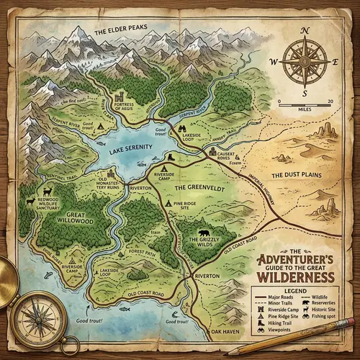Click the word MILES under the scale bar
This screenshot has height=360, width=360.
(x=303, y=109)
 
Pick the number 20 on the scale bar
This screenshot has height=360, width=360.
(x=329, y=102)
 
